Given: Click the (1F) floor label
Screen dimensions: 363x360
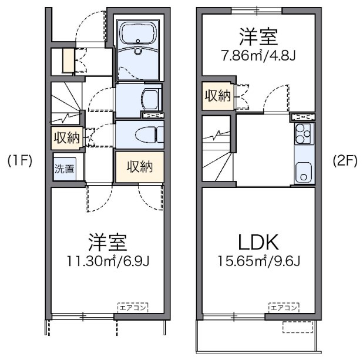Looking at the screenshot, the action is pos(20,160).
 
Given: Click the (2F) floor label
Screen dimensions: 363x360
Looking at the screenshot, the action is pos(345,160).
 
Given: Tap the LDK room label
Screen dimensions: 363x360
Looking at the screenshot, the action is pos(258,243).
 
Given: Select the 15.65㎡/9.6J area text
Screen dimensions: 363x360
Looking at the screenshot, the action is pos(259,261).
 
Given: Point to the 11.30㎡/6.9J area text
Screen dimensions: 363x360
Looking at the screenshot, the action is pos(108,261).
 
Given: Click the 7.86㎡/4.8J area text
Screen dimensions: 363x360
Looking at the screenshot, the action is pos(258,55).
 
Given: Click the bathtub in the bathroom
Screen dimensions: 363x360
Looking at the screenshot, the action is pos(138,33).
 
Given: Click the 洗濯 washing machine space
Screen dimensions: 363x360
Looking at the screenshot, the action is pos(65,169).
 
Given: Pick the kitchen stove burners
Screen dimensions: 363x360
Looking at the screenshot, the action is pos(304,133).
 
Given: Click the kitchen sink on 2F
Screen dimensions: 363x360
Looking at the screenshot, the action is pos(304,172).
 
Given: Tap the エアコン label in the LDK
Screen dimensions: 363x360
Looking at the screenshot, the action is pos(284,308).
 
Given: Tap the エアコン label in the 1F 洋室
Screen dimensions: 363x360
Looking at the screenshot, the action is pos(133,308).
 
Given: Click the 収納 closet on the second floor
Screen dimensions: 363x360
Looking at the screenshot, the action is pos(218,96).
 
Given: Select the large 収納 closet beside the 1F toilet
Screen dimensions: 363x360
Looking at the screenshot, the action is pos(140,166).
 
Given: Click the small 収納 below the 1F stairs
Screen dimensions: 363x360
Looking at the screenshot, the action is pos(67,138).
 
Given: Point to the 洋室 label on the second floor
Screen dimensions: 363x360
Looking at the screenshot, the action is pos(258,36).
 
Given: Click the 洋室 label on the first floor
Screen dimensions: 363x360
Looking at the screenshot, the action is pos(108,243).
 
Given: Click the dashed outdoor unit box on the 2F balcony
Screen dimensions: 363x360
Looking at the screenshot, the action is pos(298,327).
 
